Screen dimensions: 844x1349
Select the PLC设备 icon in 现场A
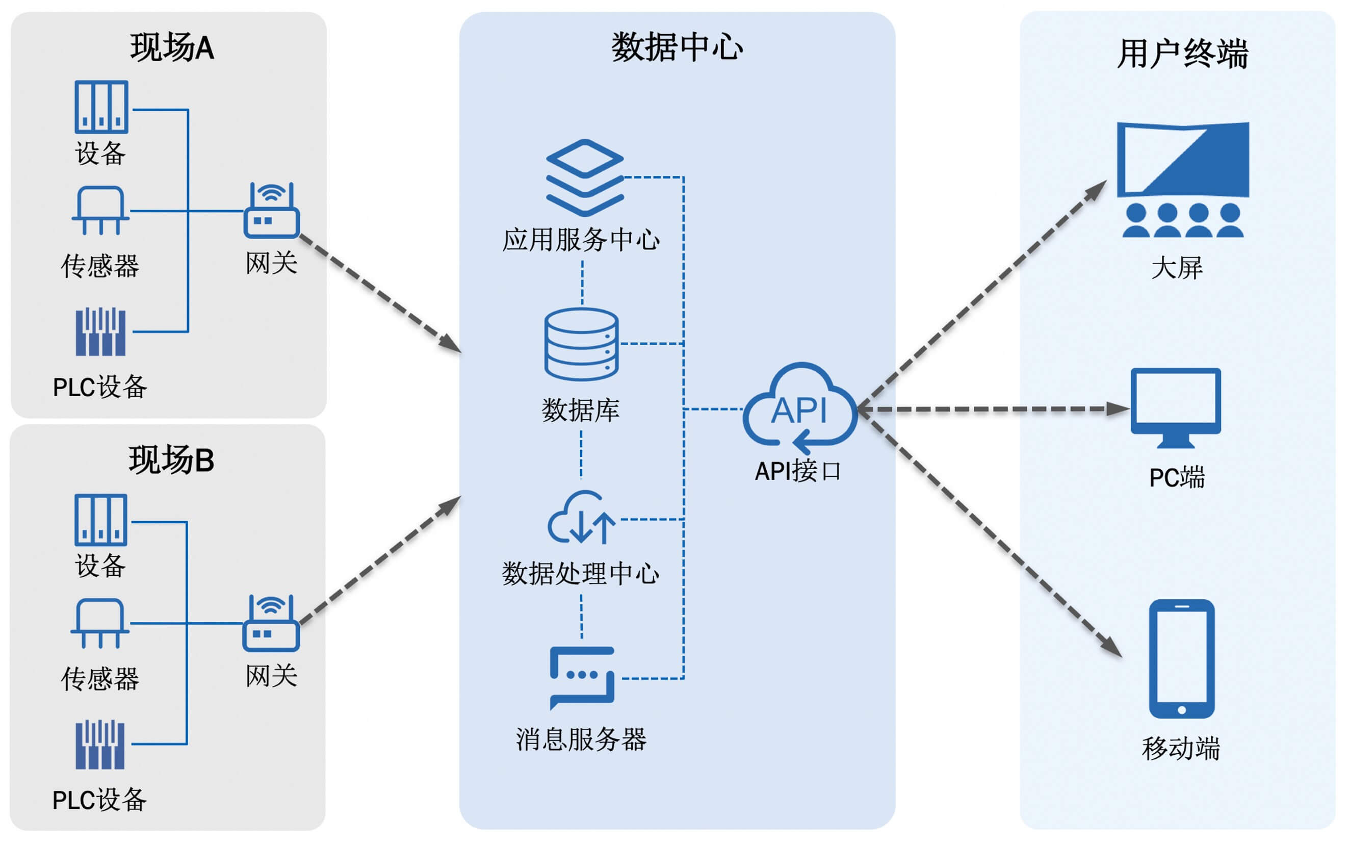click(100, 331)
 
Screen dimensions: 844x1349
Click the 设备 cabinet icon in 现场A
click(101, 107)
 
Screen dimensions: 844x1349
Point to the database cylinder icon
click(581, 344)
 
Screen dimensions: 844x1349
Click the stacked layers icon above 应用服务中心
click(584, 177)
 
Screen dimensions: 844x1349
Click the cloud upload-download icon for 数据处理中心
click(581, 518)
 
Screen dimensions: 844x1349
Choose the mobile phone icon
click(1181, 659)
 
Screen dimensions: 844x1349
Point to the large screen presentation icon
click(1182, 179)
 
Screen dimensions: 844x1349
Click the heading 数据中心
click(677, 47)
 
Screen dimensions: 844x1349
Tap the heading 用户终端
click(1182, 54)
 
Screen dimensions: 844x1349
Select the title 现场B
click(171, 460)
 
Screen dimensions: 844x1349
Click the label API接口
click(798, 471)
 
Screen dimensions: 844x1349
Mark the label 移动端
click(1181, 749)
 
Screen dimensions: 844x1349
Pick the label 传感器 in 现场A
click(100, 266)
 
